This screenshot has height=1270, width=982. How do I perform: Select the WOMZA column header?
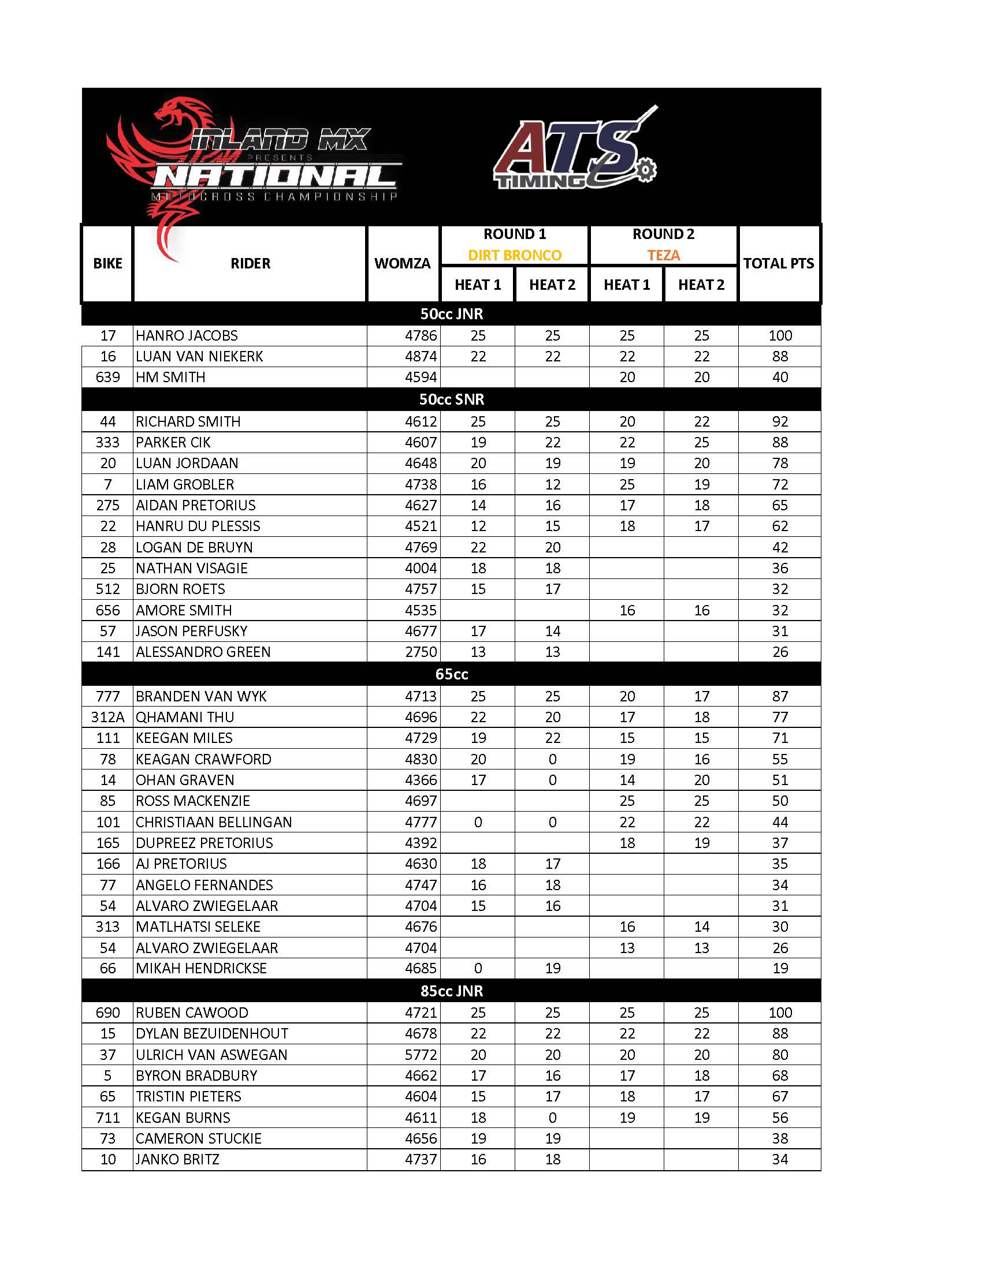(x=402, y=263)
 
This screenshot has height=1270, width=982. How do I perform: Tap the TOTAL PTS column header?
(x=779, y=263)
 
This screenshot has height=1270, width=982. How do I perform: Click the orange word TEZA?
(x=663, y=255)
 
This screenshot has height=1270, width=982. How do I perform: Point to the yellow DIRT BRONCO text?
(x=514, y=255)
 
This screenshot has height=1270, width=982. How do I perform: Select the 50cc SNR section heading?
(x=452, y=399)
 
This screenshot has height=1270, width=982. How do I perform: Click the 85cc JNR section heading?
(x=452, y=991)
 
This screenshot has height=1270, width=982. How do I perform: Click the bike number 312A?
(x=107, y=717)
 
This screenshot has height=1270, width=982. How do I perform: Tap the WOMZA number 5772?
(x=421, y=1054)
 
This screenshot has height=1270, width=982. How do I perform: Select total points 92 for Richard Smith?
(x=780, y=421)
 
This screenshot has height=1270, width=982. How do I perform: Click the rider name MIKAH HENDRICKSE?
(x=201, y=968)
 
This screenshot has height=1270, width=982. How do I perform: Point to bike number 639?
(x=107, y=378)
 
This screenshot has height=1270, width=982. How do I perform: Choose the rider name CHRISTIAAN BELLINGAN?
(x=214, y=822)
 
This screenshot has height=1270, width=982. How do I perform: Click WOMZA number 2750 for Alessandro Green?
(x=421, y=652)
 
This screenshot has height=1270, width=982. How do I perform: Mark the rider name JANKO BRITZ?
(x=177, y=1159)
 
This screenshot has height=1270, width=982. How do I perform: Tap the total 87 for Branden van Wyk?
(x=780, y=696)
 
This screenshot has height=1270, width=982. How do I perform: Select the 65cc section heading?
(x=452, y=674)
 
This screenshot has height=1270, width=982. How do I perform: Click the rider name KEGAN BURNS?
(x=183, y=1117)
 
